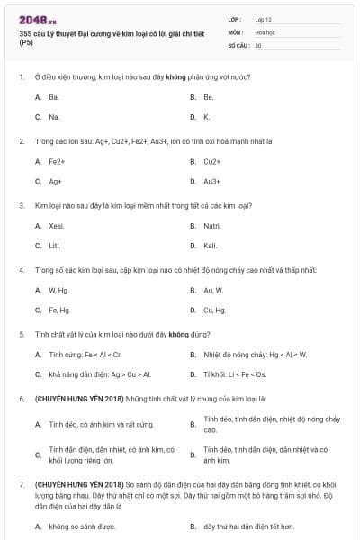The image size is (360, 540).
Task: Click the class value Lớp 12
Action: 264,19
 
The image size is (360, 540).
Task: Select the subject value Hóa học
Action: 265,31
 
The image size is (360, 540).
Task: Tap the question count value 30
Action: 258,44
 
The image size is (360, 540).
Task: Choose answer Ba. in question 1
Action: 54,96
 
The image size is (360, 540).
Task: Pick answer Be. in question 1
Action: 208,96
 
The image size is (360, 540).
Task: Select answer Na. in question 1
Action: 54,117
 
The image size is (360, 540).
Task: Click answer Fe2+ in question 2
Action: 57,161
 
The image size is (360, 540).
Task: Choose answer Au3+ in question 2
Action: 211,181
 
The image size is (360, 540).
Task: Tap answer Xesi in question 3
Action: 57,225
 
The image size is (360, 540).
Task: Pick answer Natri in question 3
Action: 211,225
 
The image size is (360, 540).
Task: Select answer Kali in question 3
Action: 211,246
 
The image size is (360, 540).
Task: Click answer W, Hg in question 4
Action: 58,290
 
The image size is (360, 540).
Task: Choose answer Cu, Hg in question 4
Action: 213,310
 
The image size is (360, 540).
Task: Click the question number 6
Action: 22,398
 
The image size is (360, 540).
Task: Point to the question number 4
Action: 22,269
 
